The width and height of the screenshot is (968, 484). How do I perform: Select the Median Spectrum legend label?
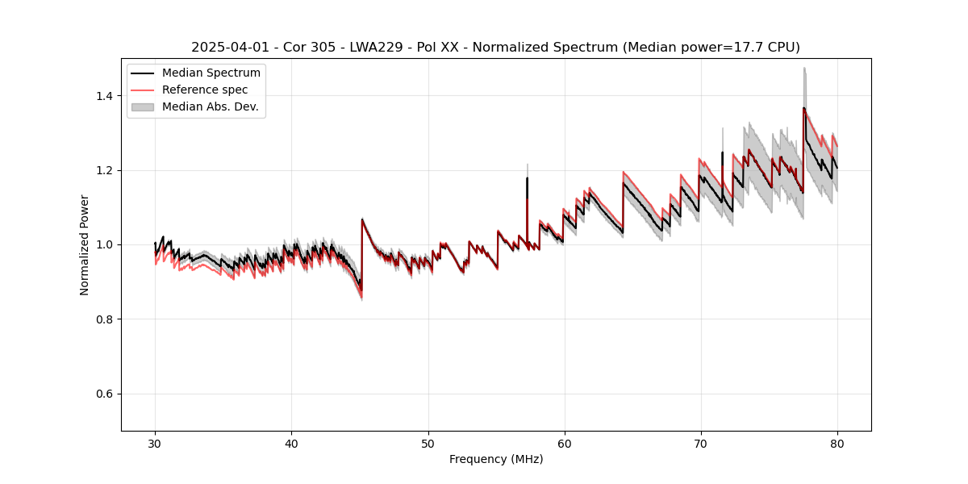pos(211,73)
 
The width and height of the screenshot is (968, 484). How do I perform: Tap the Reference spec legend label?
pos(205,90)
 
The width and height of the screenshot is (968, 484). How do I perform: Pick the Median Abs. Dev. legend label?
pos(210,106)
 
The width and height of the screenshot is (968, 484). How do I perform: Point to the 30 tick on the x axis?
pos(155,443)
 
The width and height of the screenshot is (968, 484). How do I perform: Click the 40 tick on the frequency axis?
pos(291,443)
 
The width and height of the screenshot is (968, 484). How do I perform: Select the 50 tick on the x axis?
pos(428,443)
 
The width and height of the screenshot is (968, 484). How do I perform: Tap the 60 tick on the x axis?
pos(565,443)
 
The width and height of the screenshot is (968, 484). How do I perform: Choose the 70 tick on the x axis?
pos(701,443)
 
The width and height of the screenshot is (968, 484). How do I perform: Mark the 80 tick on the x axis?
pos(837,443)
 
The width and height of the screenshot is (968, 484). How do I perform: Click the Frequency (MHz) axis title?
pos(496,459)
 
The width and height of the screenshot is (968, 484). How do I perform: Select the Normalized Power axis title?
pos(85,244)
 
